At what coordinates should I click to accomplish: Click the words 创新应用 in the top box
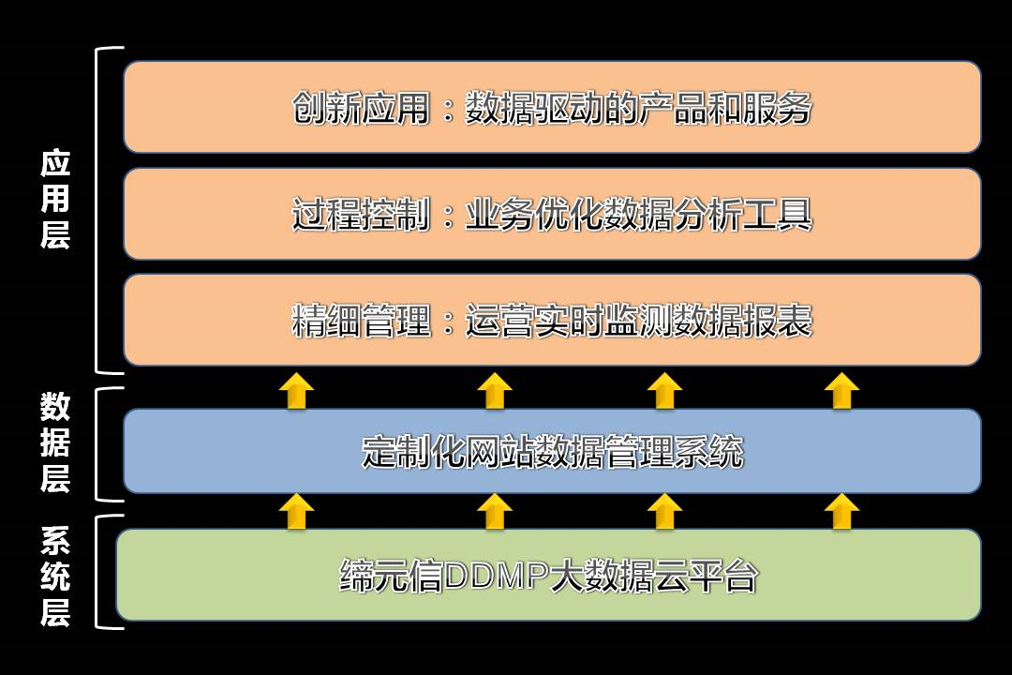361,107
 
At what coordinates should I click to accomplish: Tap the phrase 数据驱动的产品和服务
638,107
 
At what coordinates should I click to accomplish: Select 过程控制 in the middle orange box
361,214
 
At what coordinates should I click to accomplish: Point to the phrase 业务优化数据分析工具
638,214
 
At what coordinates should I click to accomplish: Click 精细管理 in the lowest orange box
361,321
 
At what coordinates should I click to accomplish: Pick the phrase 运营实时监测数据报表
638,321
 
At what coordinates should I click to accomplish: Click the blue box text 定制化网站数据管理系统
553,452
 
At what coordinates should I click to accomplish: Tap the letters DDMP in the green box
497,576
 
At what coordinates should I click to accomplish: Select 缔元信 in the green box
391,576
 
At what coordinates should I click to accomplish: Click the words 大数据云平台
654,576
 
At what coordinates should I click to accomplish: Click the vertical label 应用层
55,199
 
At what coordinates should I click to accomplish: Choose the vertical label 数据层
55,442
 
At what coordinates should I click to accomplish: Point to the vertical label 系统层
55,577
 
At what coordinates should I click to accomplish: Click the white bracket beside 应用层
97,210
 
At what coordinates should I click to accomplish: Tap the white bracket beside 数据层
97,444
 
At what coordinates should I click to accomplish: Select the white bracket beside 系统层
97,572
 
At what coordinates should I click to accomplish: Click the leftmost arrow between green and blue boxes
296,512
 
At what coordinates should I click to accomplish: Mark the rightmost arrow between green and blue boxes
841,512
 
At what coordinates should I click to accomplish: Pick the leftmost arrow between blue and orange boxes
296,391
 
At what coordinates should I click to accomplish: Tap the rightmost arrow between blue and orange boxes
841,391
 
